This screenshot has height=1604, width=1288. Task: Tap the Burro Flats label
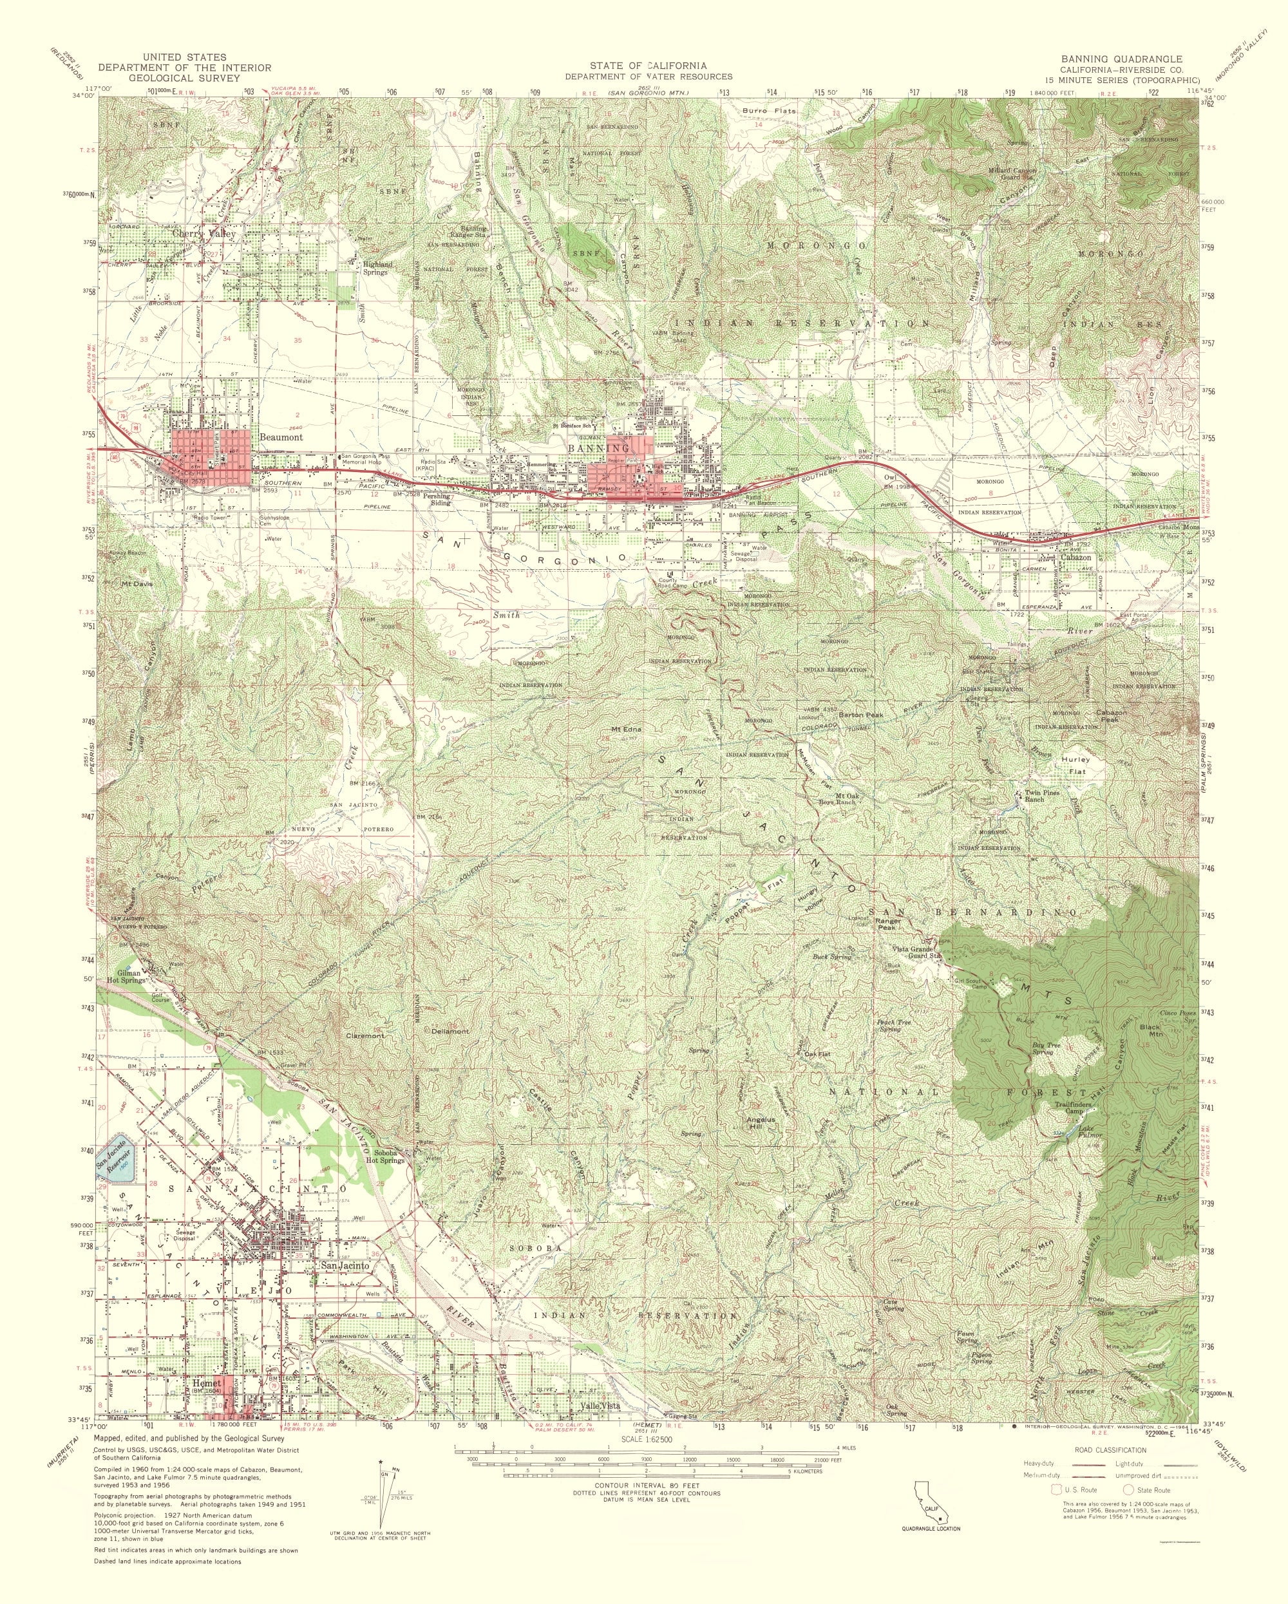tap(770, 111)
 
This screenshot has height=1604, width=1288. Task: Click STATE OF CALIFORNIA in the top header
tap(646, 66)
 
